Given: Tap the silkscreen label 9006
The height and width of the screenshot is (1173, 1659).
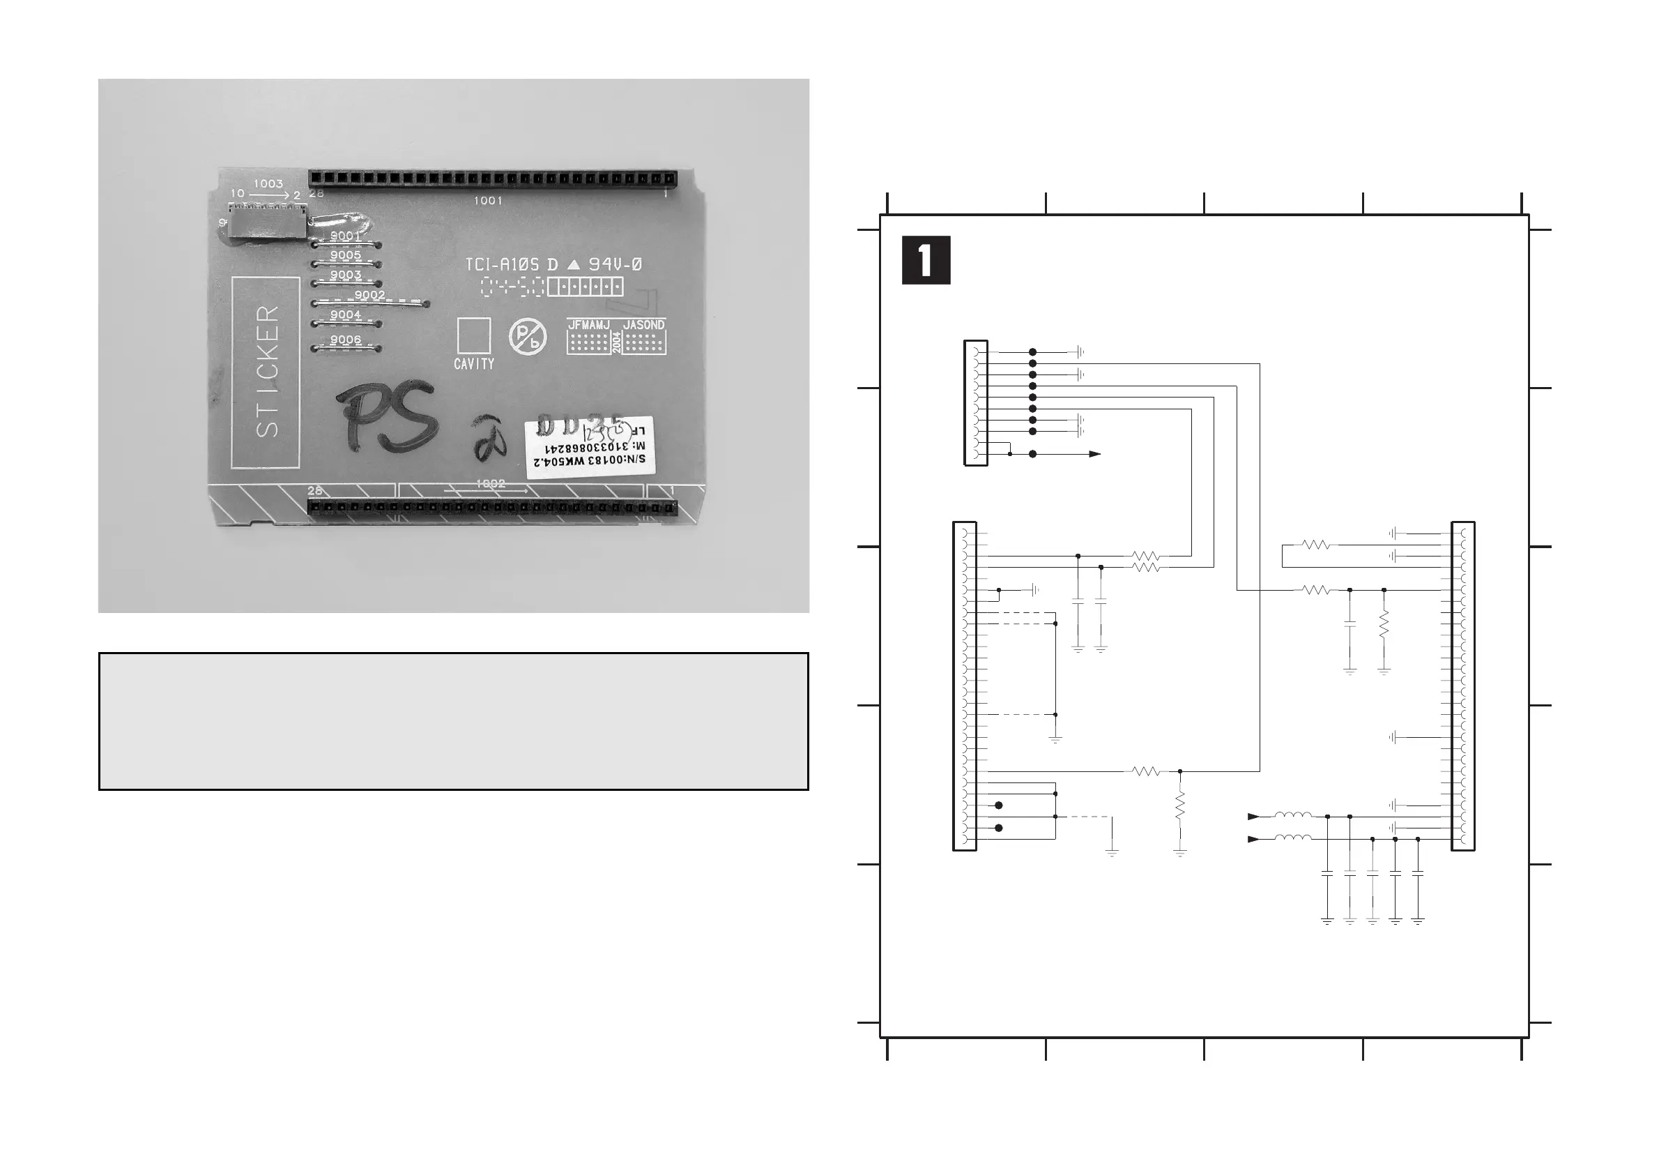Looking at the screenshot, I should (345, 340).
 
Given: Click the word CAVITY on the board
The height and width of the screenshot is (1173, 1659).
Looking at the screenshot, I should (474, 364).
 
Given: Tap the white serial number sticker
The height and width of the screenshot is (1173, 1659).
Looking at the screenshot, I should (589, 448).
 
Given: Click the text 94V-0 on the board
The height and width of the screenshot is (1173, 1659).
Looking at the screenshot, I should (615, 264).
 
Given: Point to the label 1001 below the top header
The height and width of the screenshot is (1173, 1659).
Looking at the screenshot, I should (488, 200).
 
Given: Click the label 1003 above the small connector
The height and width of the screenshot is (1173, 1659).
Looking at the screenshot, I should (268, 183).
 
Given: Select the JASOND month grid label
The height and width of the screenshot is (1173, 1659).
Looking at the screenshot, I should (643, 325).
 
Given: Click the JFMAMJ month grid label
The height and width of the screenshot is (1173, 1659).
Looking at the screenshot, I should (589, 325).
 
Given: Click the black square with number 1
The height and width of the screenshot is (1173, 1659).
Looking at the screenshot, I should (926, 260).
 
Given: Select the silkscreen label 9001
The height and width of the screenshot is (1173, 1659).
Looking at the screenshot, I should (345, 236).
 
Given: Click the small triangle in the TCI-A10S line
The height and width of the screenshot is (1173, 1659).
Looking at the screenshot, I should (574, 265).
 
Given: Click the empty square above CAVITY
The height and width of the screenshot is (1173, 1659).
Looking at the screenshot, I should (474, 335).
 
